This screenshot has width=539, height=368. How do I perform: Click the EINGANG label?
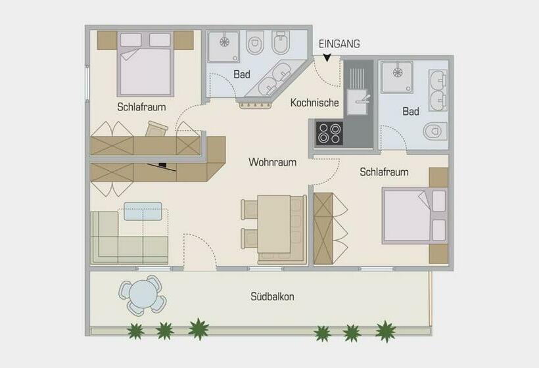(x=339, y=44)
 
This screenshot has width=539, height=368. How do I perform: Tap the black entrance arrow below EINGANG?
(x=327, y=58)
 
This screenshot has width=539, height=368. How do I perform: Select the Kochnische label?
(x=315, y=103)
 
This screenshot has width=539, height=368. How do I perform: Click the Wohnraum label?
(x=272, y=162)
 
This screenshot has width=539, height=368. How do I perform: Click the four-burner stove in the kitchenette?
(x=329, y=133)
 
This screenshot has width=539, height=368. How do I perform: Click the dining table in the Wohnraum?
(x=274, y=224)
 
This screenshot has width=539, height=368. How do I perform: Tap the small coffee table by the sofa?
(x=143, y=210)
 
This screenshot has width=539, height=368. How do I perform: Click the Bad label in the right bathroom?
(x=411, y=112)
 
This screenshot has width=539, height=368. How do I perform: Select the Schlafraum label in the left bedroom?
(x=141, y=106)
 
